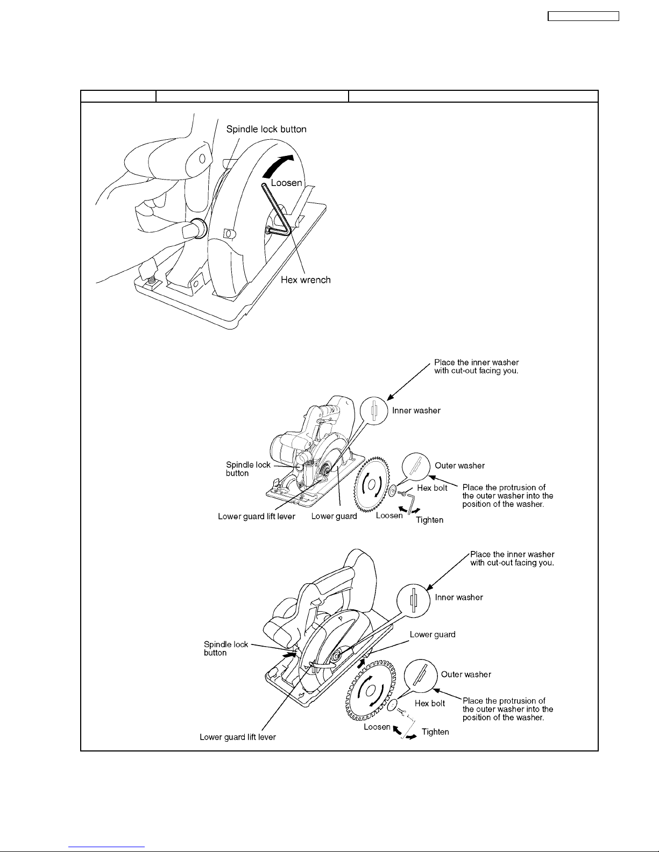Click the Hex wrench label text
tap(306, 280)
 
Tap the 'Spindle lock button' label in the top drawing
tap(266, 130)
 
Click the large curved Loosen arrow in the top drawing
tap(278, 166)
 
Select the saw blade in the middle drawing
tap(371, 484)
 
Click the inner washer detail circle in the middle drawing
tap(374, 411)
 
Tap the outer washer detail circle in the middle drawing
tap(416, 466)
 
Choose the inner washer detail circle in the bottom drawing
tap(414, 600)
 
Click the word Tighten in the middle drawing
tap(429, 520)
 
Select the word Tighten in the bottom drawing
tap(435, 732)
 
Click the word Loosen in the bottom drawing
tap(377, 727)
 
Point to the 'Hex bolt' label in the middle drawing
tap(433, 488)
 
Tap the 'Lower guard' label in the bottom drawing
tap(433, 634)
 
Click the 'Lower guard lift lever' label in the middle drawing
tap(257, 517)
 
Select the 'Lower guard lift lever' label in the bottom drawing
tap(238, 737)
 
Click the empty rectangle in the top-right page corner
tap(583, 16)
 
